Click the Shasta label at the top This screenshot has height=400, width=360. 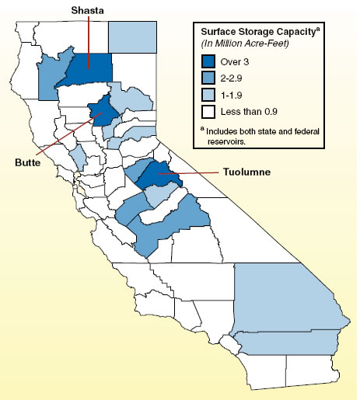coord(89,9)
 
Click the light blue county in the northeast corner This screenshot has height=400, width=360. coord(131,34)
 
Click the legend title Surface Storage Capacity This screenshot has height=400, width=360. coord(261,32)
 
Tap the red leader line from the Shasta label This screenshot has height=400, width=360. coord(89,39)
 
